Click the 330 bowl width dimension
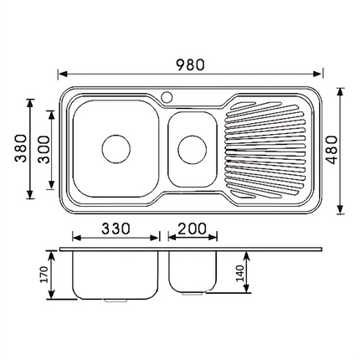pos(115,228)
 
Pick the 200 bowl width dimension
pos(193,228)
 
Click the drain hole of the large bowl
pos(116,149)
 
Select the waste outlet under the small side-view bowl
pos(193,295)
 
